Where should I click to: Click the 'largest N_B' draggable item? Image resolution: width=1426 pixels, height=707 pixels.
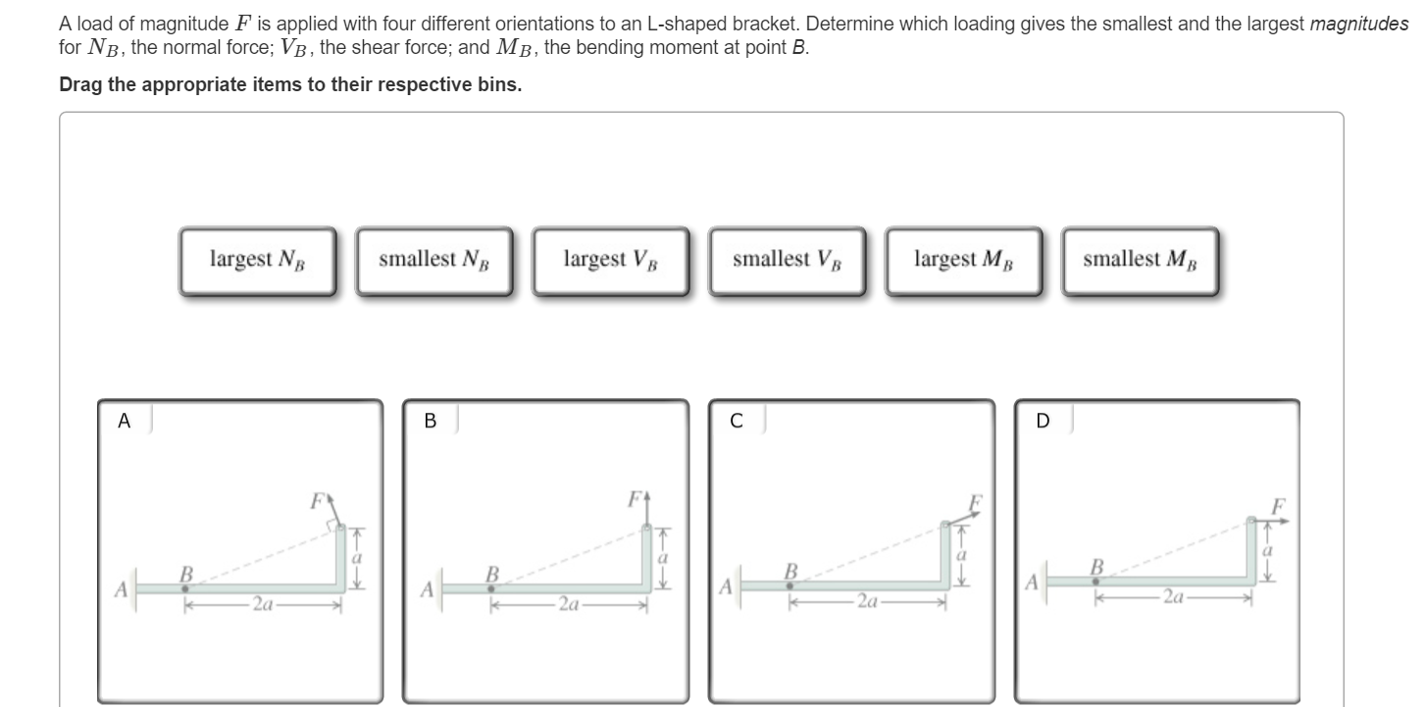[257, 261]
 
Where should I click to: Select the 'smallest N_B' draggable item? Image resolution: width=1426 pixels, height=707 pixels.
[433, 261]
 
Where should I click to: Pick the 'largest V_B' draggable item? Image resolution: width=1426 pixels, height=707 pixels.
[610, 261]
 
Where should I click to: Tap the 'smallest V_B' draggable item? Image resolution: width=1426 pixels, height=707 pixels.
[787, 261]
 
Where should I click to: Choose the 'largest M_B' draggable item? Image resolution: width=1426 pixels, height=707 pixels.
[963, 261]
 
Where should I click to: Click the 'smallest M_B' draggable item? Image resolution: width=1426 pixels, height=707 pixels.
[1140, 261]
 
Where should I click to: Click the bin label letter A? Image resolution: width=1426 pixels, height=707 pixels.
[124, 422]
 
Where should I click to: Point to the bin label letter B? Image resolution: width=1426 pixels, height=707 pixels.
[430, 422]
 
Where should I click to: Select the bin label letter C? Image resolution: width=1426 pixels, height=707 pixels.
[736, 422]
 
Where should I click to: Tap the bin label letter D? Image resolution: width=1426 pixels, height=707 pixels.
[1042, 422]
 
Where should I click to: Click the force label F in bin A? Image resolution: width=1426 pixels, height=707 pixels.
[316, 500]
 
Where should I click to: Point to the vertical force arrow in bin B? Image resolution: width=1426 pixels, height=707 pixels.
[647, 510]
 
